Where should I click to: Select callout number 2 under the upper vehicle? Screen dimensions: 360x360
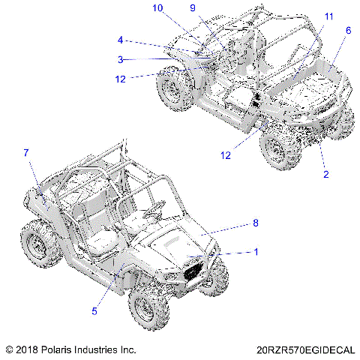(325, 174)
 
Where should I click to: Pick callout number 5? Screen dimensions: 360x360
(115, 312)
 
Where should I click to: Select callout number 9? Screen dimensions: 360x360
(192, 8)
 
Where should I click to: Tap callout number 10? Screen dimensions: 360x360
(157, 8)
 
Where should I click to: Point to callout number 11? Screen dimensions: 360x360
(329, 16)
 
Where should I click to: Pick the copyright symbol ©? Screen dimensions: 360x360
(8, 349)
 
